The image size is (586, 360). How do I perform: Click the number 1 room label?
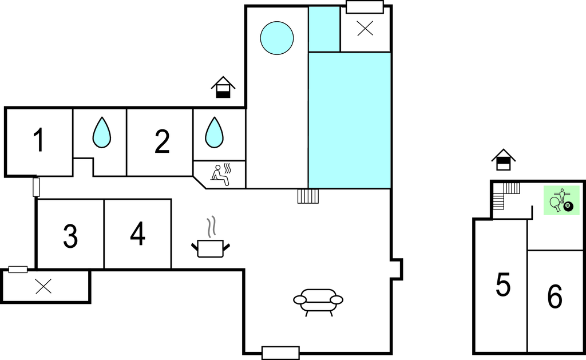click(38, 141)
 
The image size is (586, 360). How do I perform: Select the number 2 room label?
click(162, 141)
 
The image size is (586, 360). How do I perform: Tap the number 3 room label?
click(70, 236)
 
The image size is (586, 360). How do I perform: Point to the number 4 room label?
click(137, 234)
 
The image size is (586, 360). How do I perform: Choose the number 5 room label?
click(503, 285)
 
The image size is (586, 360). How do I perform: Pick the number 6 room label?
click(555, 297)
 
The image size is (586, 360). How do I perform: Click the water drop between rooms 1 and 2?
click(101, 133)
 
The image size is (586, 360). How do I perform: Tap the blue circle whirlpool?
click(277, 38)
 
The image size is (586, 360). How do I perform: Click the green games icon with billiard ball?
click(561, 200)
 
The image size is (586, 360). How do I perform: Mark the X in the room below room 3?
click(43, 286)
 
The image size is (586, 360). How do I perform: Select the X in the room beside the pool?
click(365, 29)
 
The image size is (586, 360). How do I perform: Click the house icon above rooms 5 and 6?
click(503, 160)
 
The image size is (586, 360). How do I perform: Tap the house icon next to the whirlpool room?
click(223, 88)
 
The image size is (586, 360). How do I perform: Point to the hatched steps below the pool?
click(308, 196)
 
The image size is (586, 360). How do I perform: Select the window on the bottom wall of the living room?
click(280, 353)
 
